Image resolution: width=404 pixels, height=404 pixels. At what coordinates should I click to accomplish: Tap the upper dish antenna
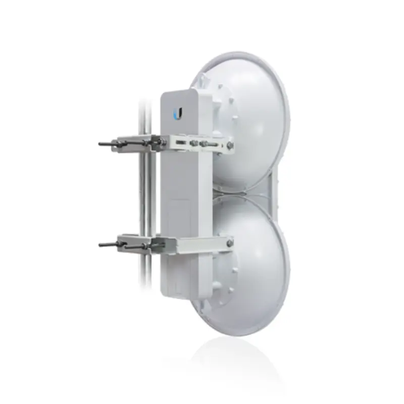[252, 121]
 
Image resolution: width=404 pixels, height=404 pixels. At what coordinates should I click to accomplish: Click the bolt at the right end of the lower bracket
[230, 244]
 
